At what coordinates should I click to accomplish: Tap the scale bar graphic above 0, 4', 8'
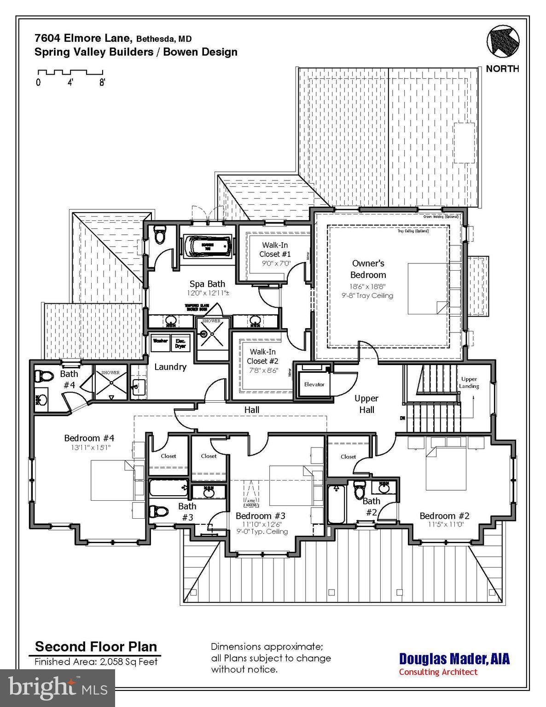(70, 72)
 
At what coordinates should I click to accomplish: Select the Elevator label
(314, 384)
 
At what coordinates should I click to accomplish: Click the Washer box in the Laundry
(160, 342)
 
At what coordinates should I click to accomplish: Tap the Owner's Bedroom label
(368, 269)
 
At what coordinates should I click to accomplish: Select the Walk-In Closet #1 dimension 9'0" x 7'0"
(275, 264)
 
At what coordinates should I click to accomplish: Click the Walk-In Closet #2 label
(263, 357)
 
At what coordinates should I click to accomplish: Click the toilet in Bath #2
(359, 490)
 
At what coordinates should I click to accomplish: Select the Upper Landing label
(469, 382)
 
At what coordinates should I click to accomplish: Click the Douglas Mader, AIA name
(454, 658)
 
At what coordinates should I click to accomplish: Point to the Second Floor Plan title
(96, 646)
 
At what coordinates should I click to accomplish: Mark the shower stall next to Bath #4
(110, 382)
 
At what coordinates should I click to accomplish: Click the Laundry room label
(170, 367)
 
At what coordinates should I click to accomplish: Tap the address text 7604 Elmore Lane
(84, 38)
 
